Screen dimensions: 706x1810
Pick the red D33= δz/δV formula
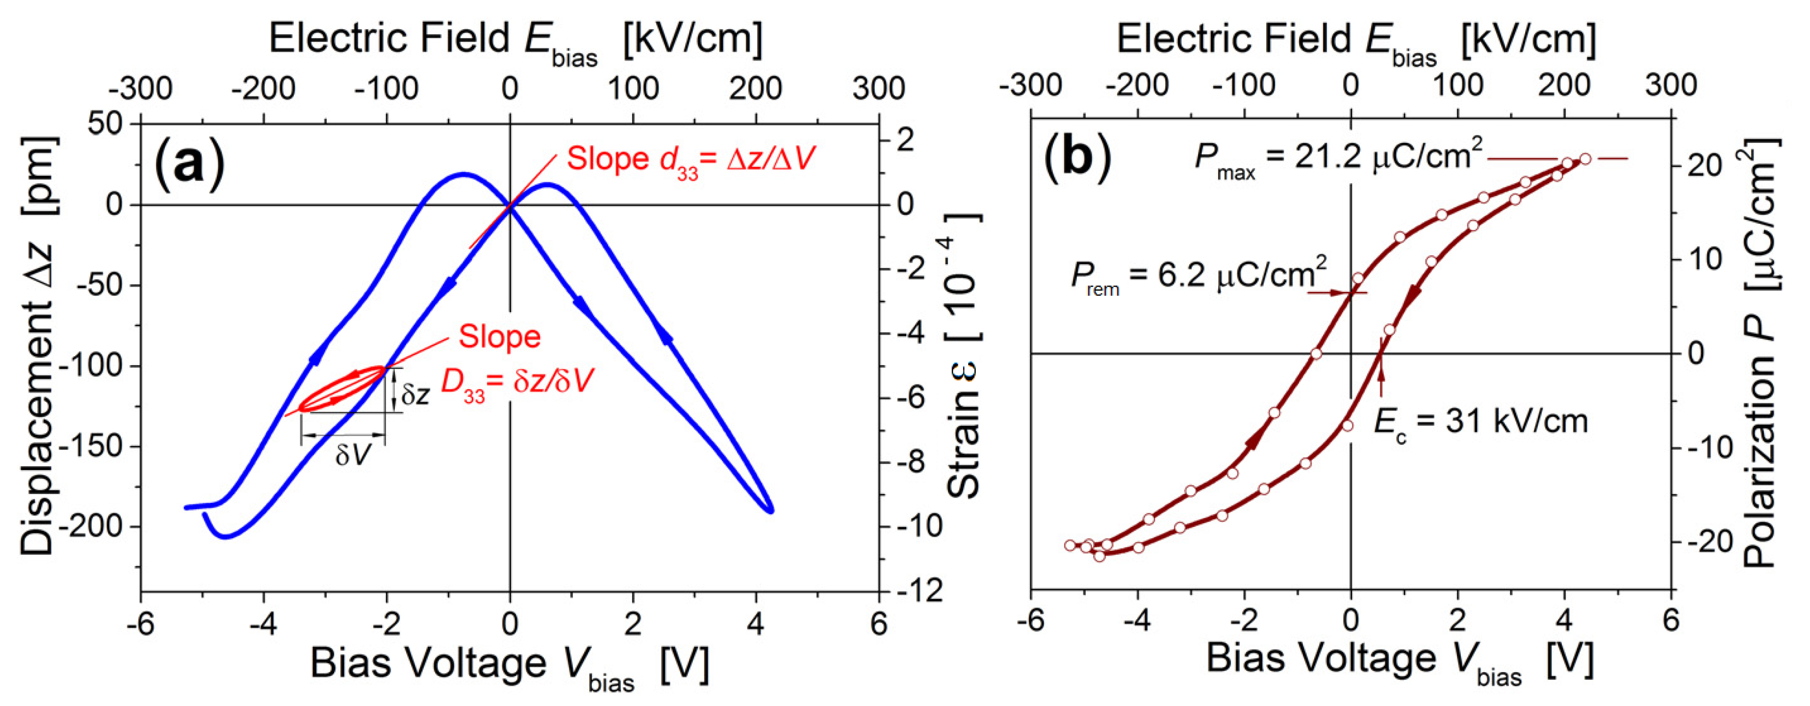click(517, 384)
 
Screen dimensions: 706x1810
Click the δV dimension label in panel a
click(351, 455)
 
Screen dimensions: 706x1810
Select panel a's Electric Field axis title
click(516, 40)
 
